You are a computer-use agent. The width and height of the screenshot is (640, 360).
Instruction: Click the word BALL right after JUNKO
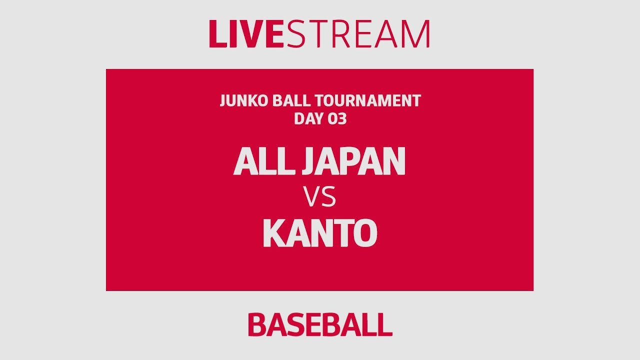[288, 101]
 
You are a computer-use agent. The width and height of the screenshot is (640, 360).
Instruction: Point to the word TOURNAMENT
[368, 101]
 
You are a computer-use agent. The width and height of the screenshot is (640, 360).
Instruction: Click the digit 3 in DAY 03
[341, 119]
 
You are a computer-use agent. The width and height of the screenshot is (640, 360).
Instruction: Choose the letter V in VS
[312, 198]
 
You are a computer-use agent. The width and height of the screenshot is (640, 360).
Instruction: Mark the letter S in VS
[328, 198]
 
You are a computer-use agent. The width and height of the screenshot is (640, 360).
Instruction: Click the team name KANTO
[320, 233]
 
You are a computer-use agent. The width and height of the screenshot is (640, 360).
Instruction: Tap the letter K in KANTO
[274, 233]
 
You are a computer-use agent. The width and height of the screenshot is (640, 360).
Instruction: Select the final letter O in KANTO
[365, 233]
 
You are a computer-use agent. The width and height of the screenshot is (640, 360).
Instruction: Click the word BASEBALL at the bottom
[320, 325]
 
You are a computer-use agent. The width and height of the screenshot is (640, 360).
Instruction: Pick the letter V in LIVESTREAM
[254, 34]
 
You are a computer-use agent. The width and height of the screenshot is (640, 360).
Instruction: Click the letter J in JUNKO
[223, 101]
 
